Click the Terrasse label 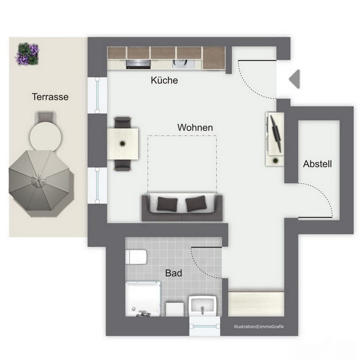point(50,97)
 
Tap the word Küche point(164,80)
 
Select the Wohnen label point(195,127)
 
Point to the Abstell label point(317,164)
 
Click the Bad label point(174,273)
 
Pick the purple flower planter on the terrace point(27,54)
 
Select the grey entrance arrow point(294,79)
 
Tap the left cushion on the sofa point(167,204)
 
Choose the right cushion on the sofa point(195,204)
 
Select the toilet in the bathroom point(136,257)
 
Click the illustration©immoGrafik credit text point(259,327)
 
